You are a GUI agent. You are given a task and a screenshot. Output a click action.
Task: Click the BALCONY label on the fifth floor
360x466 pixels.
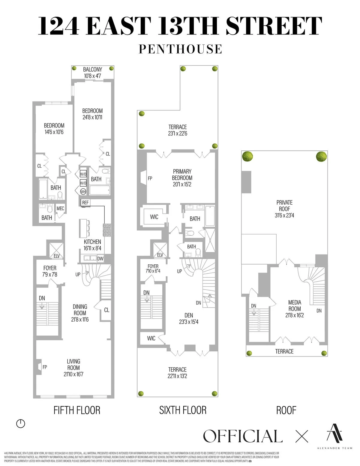pos(92,69)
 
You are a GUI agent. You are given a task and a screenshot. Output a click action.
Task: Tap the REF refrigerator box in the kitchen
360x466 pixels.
pos(85,203)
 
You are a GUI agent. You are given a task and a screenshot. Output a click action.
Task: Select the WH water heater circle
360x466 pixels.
pos(83,191)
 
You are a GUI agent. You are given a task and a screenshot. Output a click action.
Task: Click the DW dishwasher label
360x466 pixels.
pos(100,258)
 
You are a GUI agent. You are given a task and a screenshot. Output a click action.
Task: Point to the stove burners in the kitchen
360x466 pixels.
pos(107,230)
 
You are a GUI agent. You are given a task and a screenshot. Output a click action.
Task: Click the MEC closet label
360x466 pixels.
pos(60,208)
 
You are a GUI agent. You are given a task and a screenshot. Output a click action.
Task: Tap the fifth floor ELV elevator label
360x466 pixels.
pos(57,256)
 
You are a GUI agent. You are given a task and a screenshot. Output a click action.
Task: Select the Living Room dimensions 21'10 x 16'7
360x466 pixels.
pos(73,374)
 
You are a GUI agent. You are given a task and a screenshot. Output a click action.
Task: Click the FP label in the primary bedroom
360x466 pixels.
pos(150,178)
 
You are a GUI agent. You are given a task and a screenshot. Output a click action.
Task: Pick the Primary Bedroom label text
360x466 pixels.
pos(182,175)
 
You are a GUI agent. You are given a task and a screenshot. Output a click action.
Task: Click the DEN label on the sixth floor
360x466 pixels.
pos(189,315)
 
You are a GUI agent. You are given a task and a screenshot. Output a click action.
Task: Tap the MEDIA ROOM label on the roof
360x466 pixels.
pos(295,305)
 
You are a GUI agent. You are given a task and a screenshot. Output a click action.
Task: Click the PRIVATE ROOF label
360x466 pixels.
pos(284,206)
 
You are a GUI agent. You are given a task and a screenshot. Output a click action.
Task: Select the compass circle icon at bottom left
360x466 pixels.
pos(20,423)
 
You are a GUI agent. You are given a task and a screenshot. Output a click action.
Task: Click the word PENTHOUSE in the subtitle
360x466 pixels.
pos(180,49)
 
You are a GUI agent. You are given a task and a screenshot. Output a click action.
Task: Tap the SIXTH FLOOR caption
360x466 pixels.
pos(183,410)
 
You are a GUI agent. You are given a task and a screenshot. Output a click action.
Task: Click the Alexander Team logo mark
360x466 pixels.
pos(334,433)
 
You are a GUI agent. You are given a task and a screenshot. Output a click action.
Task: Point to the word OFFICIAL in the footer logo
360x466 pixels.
pos(243,436)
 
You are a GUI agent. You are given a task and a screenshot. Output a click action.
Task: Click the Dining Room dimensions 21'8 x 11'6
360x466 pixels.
pos(80,320)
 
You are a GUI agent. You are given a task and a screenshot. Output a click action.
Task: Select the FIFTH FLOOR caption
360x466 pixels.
pos(77,410)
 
